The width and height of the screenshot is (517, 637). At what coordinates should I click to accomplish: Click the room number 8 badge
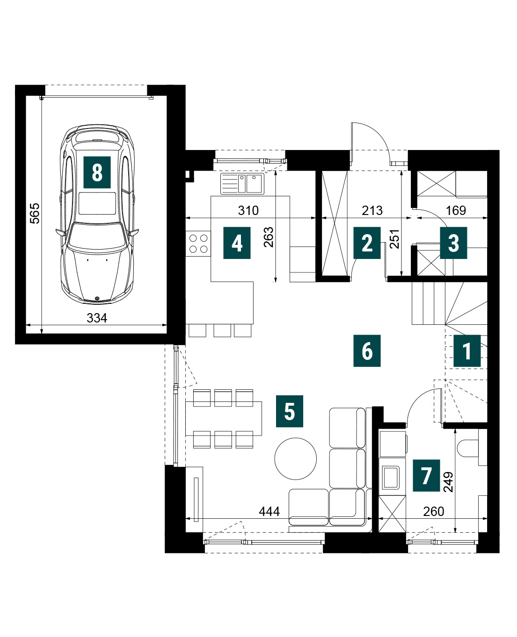pos(97,172)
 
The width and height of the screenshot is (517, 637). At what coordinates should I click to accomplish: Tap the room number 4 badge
pos(237,243)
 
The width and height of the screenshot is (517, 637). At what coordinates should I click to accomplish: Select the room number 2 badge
pos(367,243)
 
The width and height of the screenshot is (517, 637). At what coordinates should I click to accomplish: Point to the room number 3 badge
pos(453,243)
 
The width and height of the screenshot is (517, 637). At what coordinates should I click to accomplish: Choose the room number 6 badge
pos(367,351)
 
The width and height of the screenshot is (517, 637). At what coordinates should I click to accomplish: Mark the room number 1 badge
pos(467,351)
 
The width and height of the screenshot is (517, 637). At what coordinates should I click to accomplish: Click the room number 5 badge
pos(290,411)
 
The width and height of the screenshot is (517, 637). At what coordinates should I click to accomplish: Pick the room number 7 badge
pos(426,475)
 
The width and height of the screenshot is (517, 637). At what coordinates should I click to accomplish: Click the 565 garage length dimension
pos(35,213)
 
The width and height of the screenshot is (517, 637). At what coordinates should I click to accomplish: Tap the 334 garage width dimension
pos(97,318)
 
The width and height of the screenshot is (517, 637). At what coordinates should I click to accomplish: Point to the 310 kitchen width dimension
pos(248,210)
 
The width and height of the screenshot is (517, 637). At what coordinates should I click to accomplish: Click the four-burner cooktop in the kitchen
pos(198,243)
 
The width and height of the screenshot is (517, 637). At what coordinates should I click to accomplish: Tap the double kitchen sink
pos(242,183)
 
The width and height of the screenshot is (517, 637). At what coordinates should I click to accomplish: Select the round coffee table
pos(296,458)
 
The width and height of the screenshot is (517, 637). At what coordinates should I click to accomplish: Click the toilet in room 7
pos(472,448)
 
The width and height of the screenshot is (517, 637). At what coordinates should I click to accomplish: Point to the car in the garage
pos(97,214)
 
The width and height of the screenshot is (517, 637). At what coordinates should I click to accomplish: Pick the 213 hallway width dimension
pos(372,210)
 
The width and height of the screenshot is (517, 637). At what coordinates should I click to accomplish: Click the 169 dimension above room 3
pos(456,210)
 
